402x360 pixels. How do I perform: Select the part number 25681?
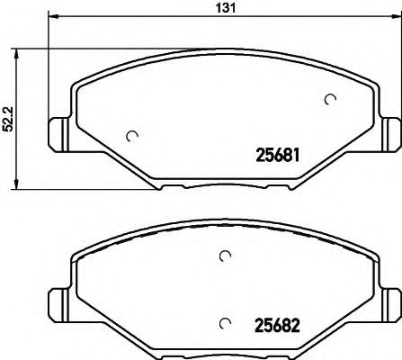pyautogui.click(x=272, y=155)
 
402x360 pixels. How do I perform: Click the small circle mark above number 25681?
pyautogui.click(x=330, y=100)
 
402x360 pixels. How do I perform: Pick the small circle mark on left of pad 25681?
pyautogui.click(x=133, y=137)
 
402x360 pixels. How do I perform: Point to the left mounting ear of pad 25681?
pyautogui.click(x=58, y=132)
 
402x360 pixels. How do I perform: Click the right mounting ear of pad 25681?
pyautogui.click(x=391, y=132)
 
